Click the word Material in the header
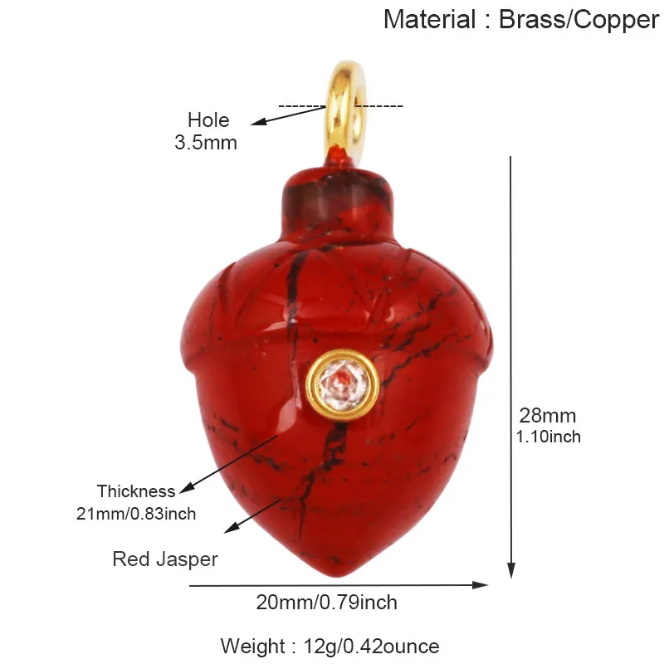430,19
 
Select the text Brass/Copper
579,20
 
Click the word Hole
208,120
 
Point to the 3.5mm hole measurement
206,142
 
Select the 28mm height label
548,416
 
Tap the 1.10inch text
549,437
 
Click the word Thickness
136,491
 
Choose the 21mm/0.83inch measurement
136,514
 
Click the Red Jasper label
165,559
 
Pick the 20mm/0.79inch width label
326,603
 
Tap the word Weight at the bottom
252,647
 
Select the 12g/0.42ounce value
371,647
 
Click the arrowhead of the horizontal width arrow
481,585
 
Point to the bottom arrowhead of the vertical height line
511,570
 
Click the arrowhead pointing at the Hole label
258,121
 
